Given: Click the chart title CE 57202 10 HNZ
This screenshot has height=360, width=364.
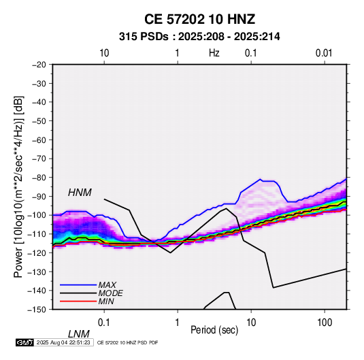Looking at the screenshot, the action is tap(199, 19).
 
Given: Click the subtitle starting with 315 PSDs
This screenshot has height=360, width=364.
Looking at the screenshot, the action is tap(199, 37).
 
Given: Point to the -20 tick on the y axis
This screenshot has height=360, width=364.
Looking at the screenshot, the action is tap(39, 65).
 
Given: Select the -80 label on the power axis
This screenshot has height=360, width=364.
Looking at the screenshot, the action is tap(39, 178).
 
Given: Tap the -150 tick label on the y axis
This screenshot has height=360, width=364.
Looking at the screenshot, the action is tap(37, 310).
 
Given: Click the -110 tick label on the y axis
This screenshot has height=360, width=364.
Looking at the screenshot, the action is tap(37, 234).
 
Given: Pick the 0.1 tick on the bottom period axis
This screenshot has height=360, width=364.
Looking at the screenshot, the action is tap(104, 323).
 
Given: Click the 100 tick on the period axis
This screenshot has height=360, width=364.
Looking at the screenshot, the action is tap(325, 323).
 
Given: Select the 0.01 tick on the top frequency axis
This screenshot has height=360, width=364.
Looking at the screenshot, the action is tap(324, 53).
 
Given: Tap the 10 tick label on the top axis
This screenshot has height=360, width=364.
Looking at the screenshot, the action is tap(104, 53).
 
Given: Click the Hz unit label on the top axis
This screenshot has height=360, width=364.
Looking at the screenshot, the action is tap(214, 53).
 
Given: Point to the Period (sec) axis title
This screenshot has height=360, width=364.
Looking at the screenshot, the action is tap(214, 330).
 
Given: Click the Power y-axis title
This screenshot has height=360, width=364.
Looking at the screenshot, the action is tap(18, 187).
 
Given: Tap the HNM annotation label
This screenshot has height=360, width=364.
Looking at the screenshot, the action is tap(80, 193).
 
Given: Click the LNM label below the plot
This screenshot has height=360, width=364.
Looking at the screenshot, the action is tap(79, 334).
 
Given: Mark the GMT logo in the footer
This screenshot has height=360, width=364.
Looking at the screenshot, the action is tap(24, 342).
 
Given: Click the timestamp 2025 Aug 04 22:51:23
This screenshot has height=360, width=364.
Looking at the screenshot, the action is tap(63, 342).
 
